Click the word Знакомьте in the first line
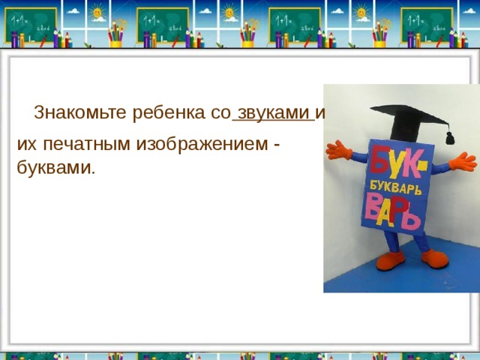(x=80, y=113)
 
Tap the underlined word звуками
(x=272, y=113)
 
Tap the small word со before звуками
(x=220, y=113)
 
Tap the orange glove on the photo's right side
(x=459, y=162)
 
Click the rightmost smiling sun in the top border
(x=362, y=13)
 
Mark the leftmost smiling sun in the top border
(x=98, y=13)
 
